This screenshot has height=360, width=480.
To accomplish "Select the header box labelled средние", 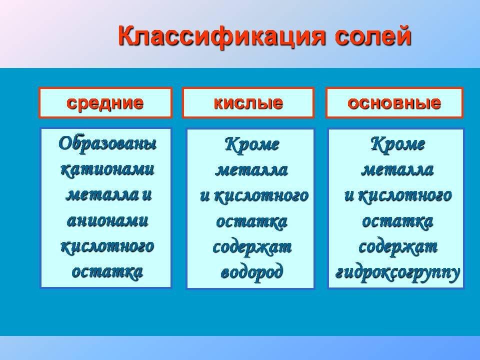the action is click(x=105, y=103).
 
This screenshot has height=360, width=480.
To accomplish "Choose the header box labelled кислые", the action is click(x=248, y=103).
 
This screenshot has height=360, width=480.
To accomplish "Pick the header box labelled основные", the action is click(x=394, y=103).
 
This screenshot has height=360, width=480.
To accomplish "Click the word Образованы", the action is click(x=107, y=143).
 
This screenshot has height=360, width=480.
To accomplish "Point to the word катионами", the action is click(x=107, y=169).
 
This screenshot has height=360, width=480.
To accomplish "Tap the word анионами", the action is click(x=107, y=220).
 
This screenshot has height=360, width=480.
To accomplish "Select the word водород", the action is click(x=251, y=272).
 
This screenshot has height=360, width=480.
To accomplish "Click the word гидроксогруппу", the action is click(x=397, y=272).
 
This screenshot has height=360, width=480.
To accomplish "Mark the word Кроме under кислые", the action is click(x=251, y=144).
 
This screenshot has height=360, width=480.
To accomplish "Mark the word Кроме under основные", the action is click(x=397, y=144).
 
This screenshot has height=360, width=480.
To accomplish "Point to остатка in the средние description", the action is click(x=107, y=272).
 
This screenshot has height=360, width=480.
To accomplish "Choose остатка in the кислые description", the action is click(x=251, y=221).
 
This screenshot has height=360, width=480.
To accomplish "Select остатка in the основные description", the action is click(x=397, y=221).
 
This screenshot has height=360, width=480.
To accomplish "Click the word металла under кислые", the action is click(x=251, y=170).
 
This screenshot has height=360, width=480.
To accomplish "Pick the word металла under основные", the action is click(x=397, y=170).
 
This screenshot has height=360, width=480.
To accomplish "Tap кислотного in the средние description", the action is click(x=107, y=246).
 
